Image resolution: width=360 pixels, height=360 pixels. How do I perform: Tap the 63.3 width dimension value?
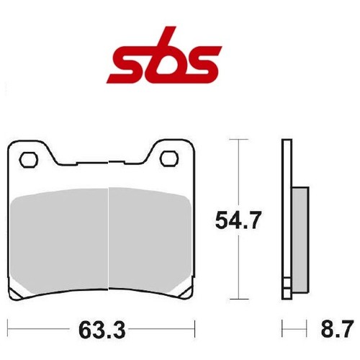[x=102, y=330]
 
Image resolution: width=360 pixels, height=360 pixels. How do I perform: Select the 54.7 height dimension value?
[x=238, y=220]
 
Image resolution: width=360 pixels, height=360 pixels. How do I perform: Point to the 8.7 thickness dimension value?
[x=337, y=328]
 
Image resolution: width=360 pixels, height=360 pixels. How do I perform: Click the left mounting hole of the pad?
[x=29, y=159]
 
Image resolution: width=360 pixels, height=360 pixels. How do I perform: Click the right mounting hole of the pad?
[x=169, y=159]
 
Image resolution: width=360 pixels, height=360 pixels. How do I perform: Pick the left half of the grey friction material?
[x=59, y=240]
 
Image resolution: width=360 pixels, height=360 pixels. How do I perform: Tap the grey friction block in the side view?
[x=300, y=239]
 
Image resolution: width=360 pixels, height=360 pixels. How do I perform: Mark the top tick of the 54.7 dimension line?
[x=239, y=139]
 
